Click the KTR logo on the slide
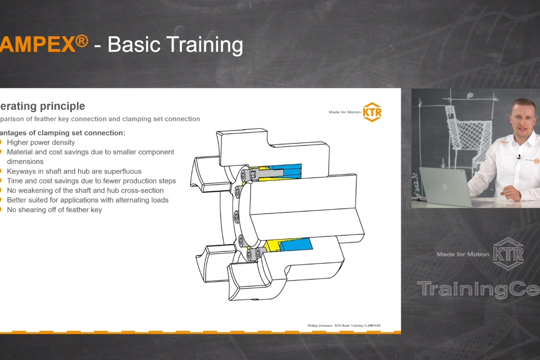tap(372, 112)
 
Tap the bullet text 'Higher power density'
tap(41, 142)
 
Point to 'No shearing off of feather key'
tap(54, 210)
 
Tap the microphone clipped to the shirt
tap(519, 157)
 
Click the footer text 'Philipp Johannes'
tap(320, 325)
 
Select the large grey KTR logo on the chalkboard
tap(508, 253)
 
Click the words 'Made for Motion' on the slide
tap(345, 112)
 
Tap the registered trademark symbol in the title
tap(82, 41)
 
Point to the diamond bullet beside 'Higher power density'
tap(2, 142)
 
